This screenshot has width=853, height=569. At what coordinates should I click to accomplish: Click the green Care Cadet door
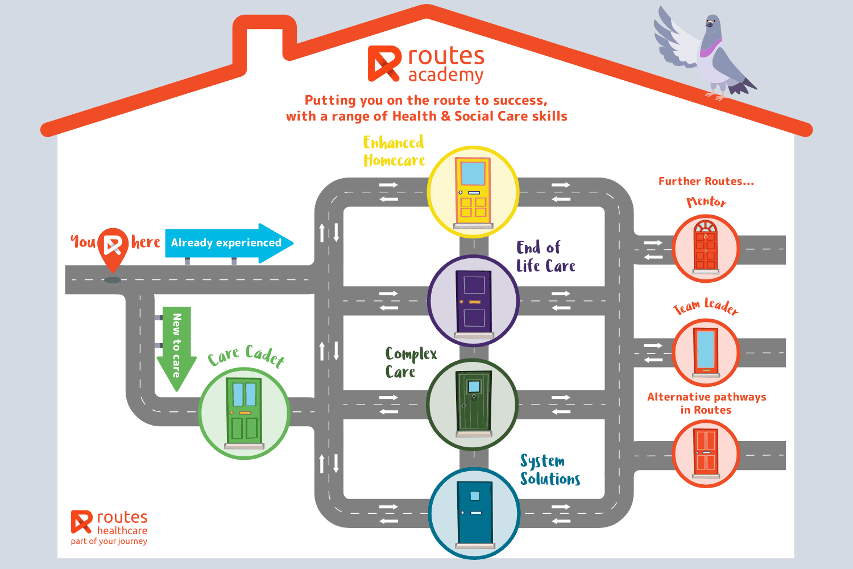[245, 411]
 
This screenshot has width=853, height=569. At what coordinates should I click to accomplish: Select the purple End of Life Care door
[473, 302]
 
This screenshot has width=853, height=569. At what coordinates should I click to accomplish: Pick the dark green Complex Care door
[473, 402]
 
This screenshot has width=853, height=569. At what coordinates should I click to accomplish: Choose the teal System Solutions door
[475, 513]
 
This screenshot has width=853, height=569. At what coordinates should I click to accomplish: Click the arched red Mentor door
[706, 246]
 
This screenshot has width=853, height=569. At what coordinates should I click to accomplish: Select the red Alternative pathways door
[706, 452]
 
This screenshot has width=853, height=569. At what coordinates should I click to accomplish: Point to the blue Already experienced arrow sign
[227, 243]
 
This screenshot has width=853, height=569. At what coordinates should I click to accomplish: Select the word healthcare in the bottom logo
[122, 530]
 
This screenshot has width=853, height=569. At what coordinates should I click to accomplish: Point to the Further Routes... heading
[706, 182]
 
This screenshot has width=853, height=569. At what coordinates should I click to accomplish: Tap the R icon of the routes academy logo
[384, 63]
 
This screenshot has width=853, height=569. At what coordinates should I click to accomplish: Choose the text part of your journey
[109, 541]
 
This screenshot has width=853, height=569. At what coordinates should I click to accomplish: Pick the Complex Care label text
[411, 362]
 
